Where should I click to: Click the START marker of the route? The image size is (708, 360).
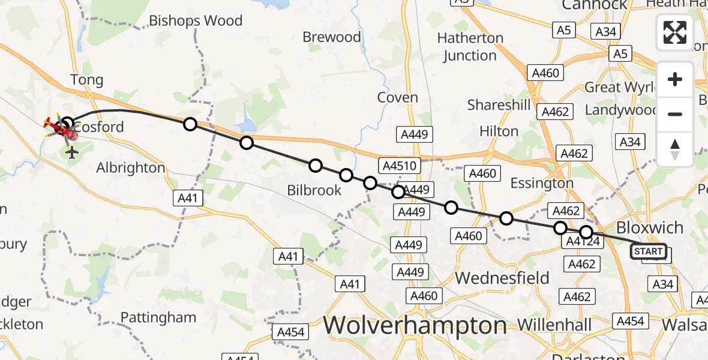coord(648,251)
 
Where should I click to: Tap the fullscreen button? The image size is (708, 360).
coord(675,32)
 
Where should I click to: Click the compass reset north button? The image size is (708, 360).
coord(675,149)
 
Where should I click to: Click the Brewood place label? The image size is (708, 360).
coord(332,37)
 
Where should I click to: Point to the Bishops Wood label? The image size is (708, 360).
coord(196,21)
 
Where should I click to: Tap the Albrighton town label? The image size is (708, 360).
coord(130,168)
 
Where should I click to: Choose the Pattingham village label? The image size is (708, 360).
coord(158,317)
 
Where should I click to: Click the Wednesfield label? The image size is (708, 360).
coord(502,278)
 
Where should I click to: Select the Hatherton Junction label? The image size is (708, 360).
coord(470,47)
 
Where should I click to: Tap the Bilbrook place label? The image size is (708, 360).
coord(314,191)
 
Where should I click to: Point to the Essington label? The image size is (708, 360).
coord(541,183)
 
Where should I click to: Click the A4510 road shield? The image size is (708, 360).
coord(397,166)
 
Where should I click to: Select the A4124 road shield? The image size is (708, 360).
coord(580,242)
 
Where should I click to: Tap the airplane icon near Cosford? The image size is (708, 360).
coord(73,153)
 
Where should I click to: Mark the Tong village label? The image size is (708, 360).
coord(87,80)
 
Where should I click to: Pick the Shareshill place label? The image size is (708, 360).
coord(499,106)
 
